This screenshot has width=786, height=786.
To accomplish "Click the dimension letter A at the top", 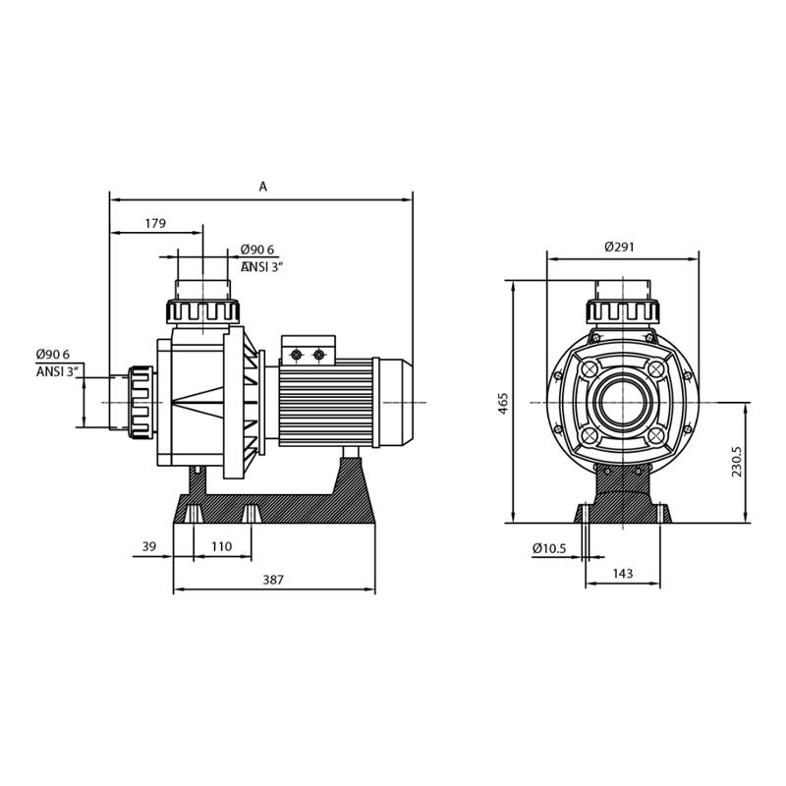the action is (x=262, y=187).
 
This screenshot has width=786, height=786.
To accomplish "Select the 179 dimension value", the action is (x=155, y=224).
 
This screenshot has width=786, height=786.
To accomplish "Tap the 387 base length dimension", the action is (x=273, y=580).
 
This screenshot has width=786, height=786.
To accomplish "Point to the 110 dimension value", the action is (x=222, y=546).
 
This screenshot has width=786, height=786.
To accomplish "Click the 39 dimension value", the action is (x=149, y=546).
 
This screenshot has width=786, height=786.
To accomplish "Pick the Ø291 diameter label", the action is (x=619, y=247).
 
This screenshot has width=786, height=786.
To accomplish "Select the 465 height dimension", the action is (x=503, y=403).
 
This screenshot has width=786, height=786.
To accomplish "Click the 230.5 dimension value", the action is (x=736, y=461).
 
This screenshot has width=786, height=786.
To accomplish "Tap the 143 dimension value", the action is (x=623, y=573).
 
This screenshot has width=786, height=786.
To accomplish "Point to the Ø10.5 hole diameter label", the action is (x=549, y=548).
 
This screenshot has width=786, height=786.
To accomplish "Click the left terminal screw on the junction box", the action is (x=297, y=355).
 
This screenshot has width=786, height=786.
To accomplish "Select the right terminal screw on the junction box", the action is (x=318, y=355).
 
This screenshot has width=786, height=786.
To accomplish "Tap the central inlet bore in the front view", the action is (x=622, y=403).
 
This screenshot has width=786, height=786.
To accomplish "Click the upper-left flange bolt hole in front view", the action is (x=589, y=369).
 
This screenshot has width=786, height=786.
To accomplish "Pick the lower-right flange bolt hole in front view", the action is (x=655, y=435).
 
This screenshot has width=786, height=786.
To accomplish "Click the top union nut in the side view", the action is (x=202, y=311).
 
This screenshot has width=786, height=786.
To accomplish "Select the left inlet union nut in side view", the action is (x=140, y=403).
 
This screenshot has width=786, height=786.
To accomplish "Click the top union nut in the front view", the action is (x=622, y=311).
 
